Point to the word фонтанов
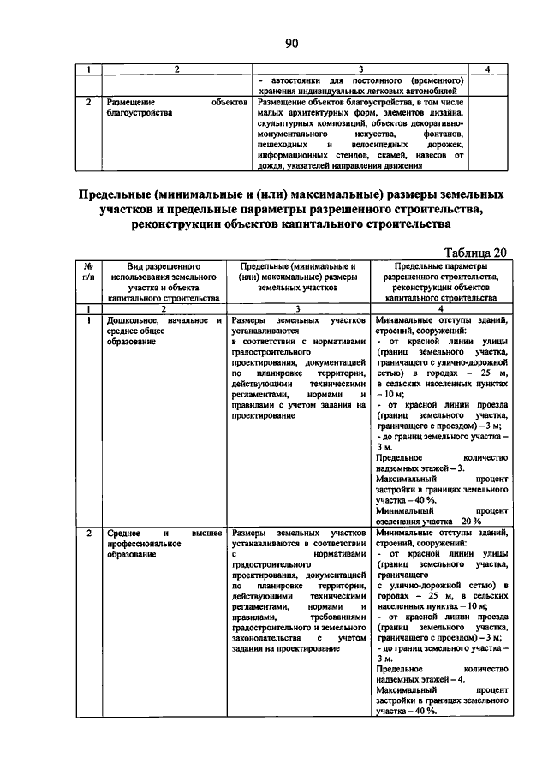click(444, 134)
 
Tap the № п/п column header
click(88, 272)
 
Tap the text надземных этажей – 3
click(420, 469)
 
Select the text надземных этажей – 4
click(420, 679)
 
